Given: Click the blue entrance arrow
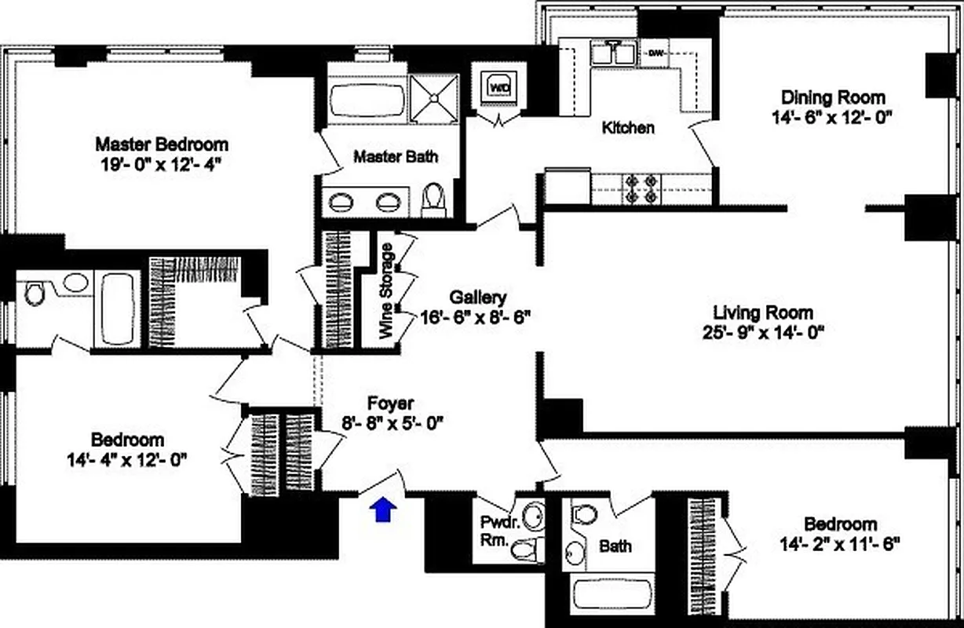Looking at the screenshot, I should (x=382, y=509).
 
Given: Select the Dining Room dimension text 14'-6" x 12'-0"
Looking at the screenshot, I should (x=833, y=117).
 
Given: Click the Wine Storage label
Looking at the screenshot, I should (x=386, y=290).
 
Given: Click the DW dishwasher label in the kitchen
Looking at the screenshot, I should (x=655, y=53).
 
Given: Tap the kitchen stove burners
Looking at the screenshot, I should (x=641, y=189).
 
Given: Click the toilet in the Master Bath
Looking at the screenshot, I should (x=433, y=201).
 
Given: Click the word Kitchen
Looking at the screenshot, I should (x=627, y=127).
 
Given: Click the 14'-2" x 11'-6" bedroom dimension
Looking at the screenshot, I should (x=839, y=542).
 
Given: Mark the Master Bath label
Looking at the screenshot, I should (x=395, y=157).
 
